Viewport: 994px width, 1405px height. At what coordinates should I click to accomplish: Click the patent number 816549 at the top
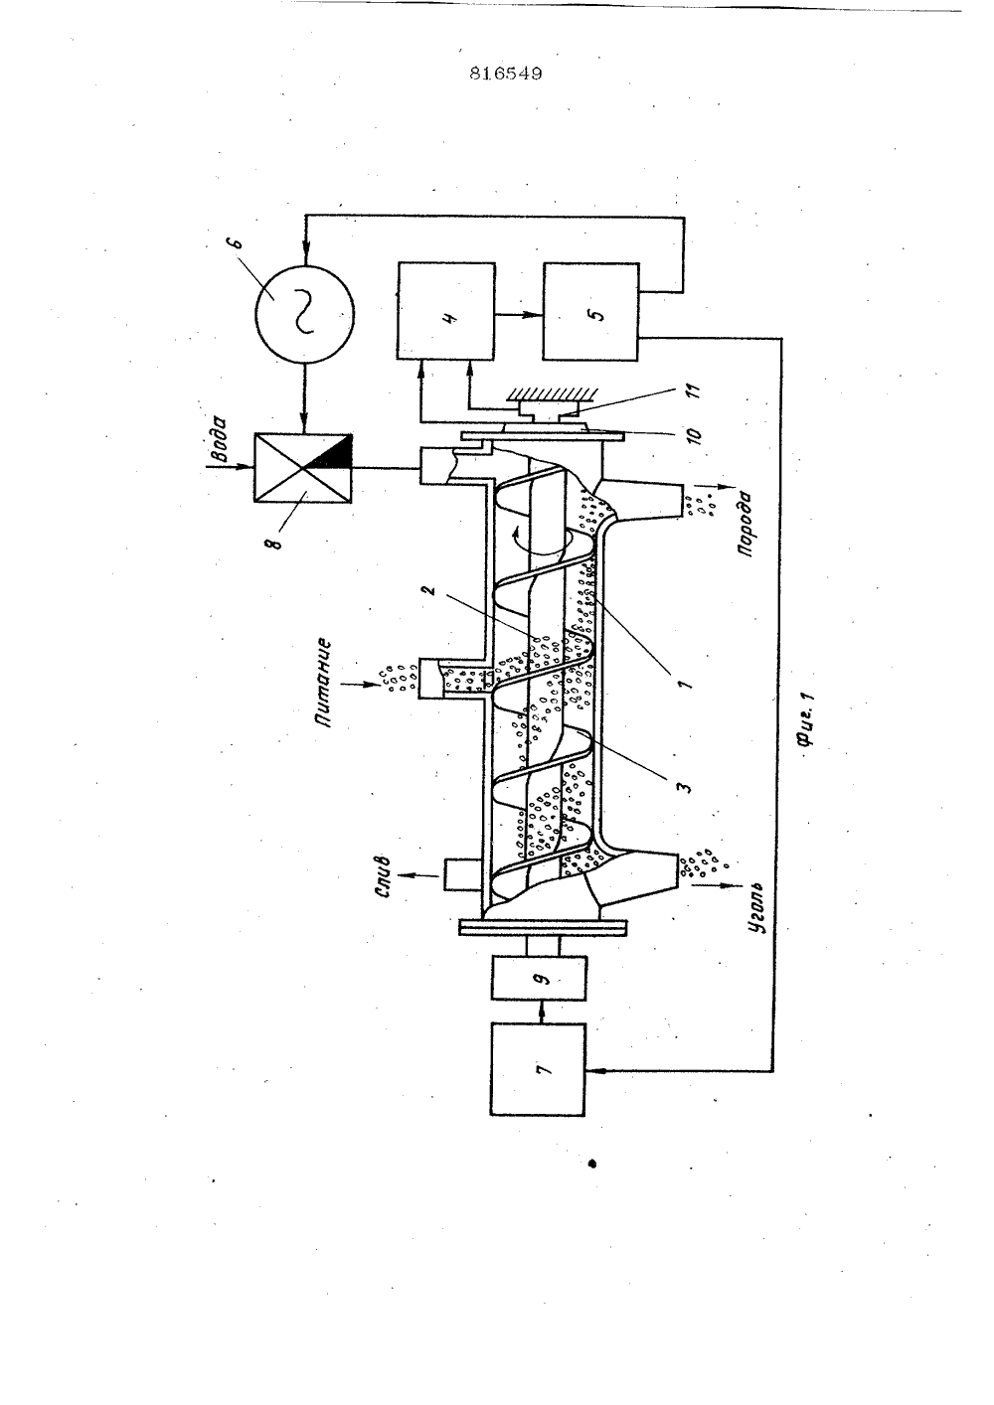(506, 74)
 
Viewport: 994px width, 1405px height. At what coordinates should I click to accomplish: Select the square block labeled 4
(445, 311)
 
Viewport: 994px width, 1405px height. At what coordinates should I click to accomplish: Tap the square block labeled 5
(591, 312)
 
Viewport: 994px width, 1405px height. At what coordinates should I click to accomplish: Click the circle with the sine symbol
(304, 313)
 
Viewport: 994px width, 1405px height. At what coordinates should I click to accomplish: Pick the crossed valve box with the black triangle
(303, 467)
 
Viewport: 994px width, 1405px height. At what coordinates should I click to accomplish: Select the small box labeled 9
(540, 978)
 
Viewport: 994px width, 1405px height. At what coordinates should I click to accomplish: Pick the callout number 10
(695, 433)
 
